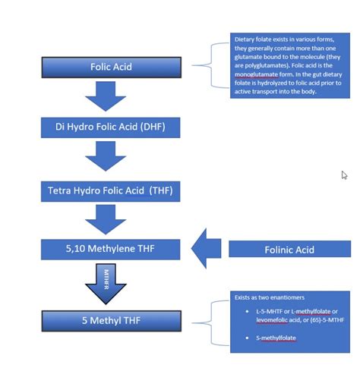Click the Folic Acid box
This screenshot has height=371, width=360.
(x=111, y=67)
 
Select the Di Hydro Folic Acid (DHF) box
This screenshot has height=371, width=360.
(x=111, y=126)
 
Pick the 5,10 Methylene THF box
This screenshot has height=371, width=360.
(x=111, y=247)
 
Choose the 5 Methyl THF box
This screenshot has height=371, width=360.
(x=111, y=320)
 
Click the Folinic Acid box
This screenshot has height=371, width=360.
(x=289, y=249)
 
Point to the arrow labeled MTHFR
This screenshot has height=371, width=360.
(x=106, y=281)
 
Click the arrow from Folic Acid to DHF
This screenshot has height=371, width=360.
(x=106, y=96)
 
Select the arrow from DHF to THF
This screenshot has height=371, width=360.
(x=106, y=156)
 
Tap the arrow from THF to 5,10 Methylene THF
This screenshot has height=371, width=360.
(x=106, y=219)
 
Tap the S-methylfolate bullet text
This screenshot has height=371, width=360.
(x=275, y=337)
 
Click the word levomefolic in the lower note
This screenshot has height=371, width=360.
(x=263, y=319)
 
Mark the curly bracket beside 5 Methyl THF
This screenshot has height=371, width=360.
(x=216, y=320)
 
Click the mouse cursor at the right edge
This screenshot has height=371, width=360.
(x=344, y=175)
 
